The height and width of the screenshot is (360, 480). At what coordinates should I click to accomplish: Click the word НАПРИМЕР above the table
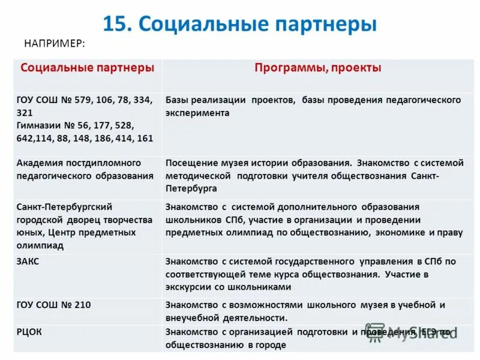[x=54, y=43]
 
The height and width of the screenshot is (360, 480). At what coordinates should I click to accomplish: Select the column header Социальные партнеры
[x=87, y=68]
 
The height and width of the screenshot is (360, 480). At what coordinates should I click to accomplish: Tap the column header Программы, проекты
[x=317, y=68]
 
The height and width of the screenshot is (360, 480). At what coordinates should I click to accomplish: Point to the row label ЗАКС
[x=28, y=261]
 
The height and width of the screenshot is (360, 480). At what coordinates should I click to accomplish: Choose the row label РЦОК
[x=29, y=331]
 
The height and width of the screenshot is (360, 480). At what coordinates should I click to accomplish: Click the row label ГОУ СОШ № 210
[x=54, y=305]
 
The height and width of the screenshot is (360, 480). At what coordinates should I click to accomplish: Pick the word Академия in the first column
[x=38, y=163]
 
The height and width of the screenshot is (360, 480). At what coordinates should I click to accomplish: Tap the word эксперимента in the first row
[x=197, y=112]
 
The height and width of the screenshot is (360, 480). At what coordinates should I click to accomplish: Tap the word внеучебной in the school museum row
[x=193, y=318]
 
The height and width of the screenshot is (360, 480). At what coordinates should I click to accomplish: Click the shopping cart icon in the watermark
[x=376, y=332]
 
